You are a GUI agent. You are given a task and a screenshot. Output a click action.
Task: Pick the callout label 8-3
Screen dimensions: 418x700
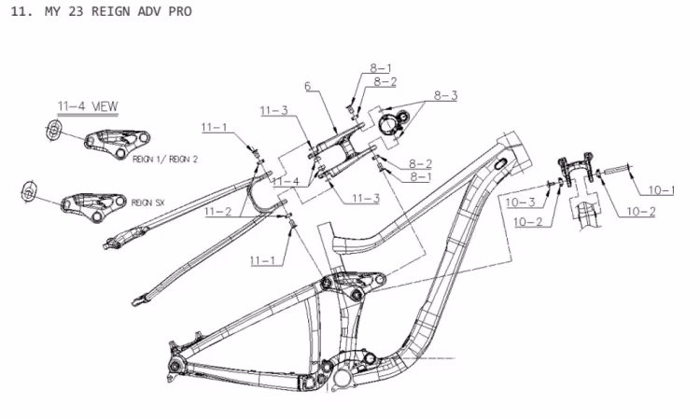(444, 95)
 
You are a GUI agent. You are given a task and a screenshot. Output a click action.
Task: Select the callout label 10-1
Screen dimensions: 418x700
(661, 189)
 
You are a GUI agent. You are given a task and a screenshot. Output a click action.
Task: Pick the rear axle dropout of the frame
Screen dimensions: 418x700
(176, 347)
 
